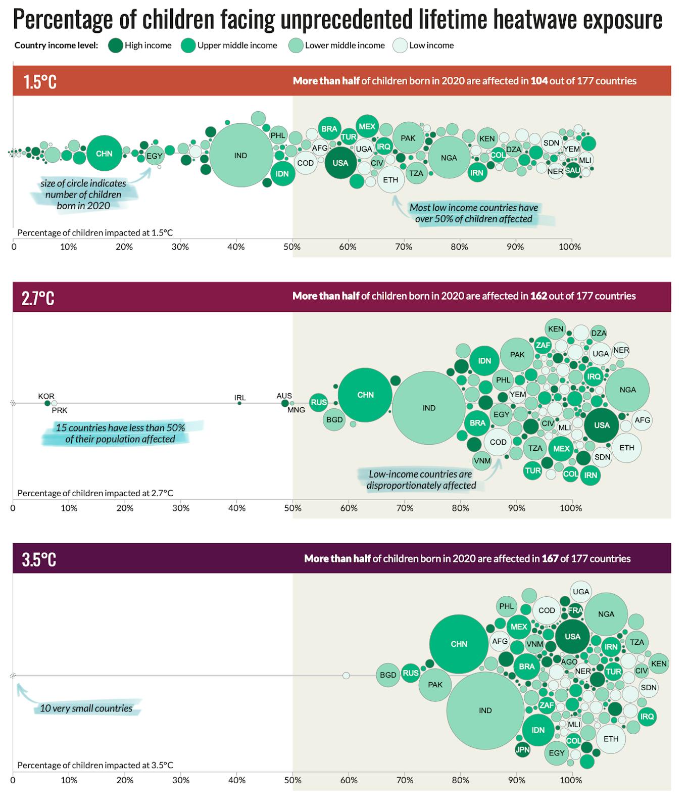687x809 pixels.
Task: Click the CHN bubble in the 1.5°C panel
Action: click(104, 154)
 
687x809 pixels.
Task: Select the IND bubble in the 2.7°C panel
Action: click(429, 408)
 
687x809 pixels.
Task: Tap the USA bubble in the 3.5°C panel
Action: click(572, 637)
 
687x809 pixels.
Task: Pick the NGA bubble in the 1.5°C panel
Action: click(449, 158)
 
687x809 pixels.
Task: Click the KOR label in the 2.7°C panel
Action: click(46, 396)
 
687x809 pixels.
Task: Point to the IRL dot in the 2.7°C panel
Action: click(239, 403)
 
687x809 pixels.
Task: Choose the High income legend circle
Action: click(116, 45)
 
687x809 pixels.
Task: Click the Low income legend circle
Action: click(401, 45)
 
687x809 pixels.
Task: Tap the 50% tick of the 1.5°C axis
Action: click(292, 247)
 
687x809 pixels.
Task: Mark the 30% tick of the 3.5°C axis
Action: click(181, 780)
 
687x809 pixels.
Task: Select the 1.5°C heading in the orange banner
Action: click(40, 81)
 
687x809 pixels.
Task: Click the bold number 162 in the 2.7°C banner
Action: click(538, 296)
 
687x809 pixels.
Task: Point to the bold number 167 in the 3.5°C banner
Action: click(550, 558)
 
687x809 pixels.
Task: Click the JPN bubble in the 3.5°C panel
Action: click(522, 749)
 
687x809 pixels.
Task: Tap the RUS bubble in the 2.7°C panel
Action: click(318, 403)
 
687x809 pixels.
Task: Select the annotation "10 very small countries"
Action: click(86, 708)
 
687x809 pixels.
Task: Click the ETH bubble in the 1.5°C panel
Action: click(390, 180)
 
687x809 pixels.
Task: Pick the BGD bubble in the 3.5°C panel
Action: click(388, 675)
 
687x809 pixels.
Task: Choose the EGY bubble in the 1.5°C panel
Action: click(155, 156)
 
